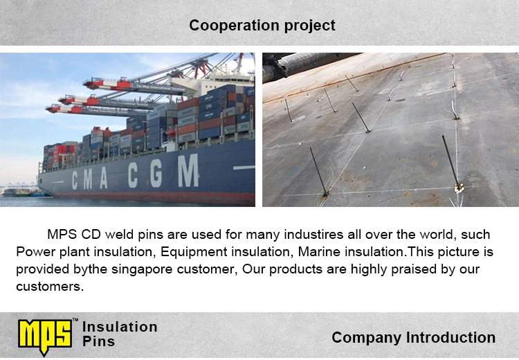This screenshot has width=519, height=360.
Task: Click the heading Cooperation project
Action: click(262, 26)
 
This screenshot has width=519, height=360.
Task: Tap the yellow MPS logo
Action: click(45, 336)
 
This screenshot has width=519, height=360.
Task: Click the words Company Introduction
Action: click(413, 337)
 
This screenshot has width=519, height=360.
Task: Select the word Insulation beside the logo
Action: click(120, 327)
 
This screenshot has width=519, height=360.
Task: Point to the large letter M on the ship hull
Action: click(188, 171)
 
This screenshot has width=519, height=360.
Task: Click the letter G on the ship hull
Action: click(156, 173)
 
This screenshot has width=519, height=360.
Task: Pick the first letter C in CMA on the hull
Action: click(75, 180)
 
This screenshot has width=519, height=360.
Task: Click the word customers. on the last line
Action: click(50, 287)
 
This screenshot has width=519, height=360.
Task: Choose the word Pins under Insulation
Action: click(99, 341)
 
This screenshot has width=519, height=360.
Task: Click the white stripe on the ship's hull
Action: click(244, 168)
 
